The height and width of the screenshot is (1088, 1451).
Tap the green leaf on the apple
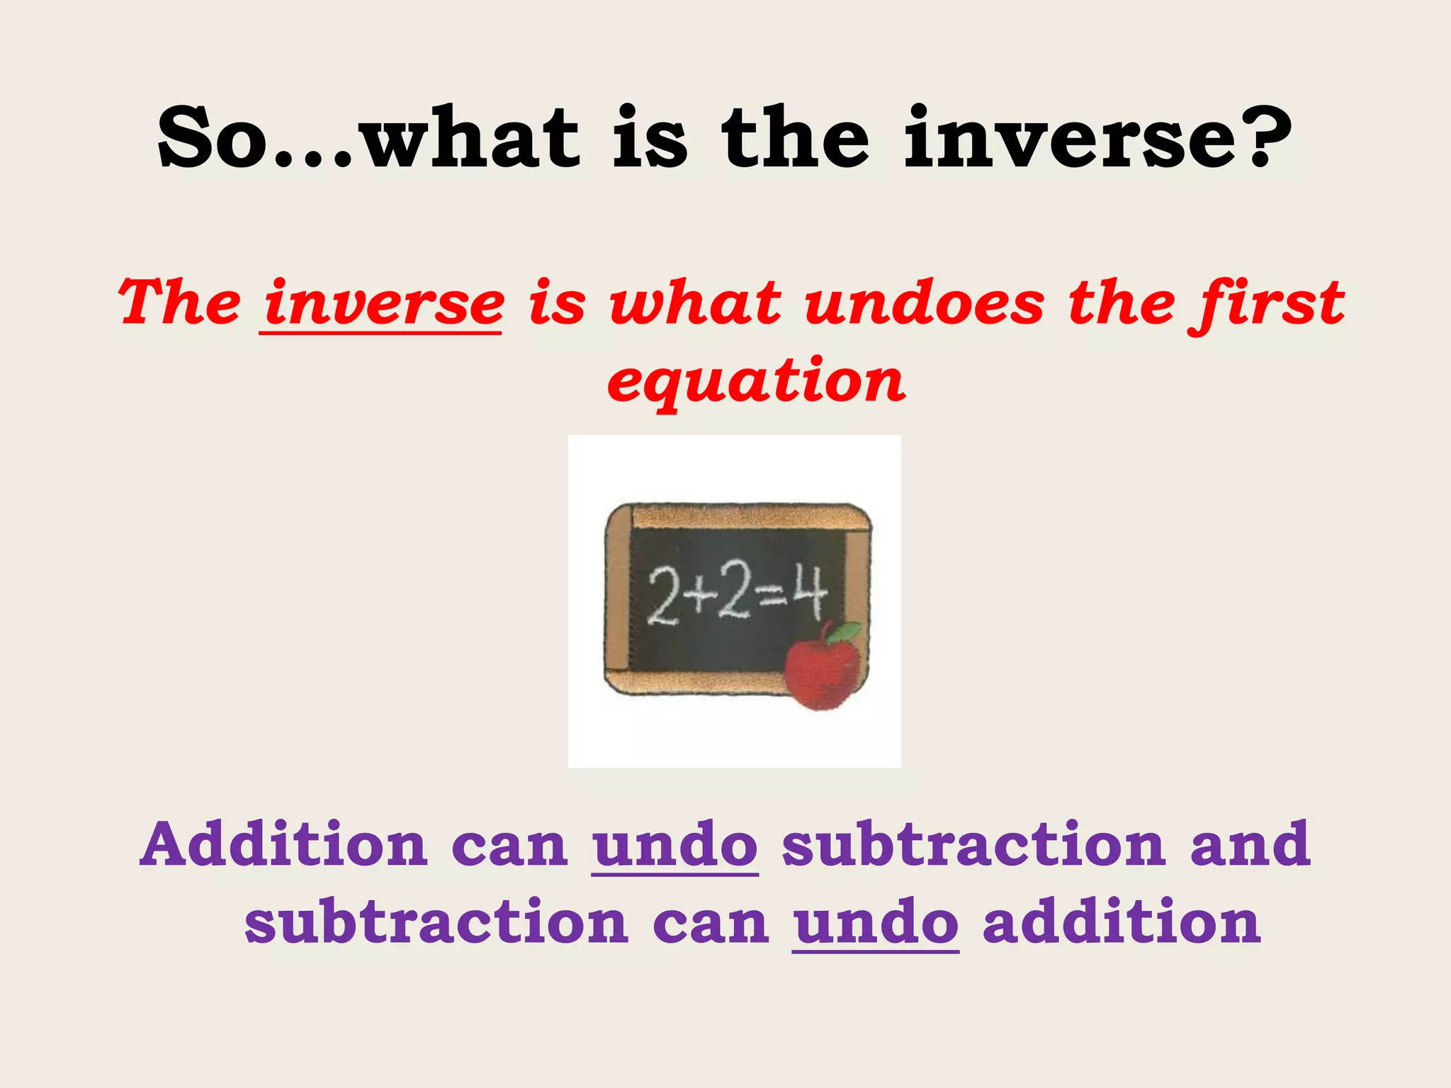click(845, 631)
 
